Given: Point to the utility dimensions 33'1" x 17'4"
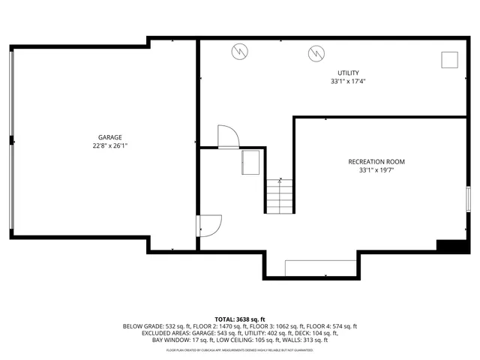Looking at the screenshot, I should (348, 81).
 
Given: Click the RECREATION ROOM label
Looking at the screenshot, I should (376, 162).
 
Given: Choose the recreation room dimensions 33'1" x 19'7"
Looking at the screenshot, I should (376, 171).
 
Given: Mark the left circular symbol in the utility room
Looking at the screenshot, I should (238, 52).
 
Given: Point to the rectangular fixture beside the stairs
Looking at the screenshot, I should (250, 162).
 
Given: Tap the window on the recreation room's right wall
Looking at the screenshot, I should (468, 199).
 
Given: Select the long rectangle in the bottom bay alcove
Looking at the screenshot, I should (320, 268).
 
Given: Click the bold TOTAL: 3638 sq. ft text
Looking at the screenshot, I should (240, 319).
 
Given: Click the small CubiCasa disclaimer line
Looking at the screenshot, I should (240, 349).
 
